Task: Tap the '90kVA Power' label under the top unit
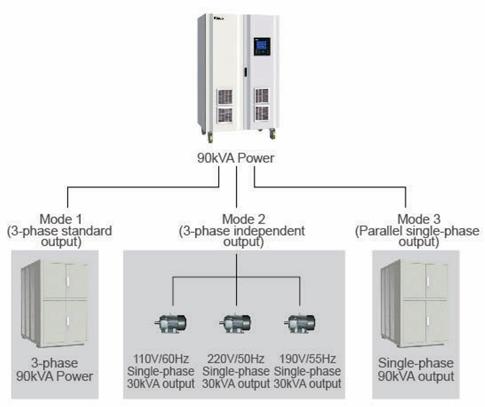pos(235,158)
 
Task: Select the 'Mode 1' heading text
pos(61,219)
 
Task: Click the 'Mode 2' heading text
pos(243,219)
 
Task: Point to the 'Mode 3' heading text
pos(419,219)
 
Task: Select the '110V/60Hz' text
pos(161,359)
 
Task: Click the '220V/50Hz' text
pos(236,359)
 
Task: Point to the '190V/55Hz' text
pos(308,359)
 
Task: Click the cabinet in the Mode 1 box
pos(55,303)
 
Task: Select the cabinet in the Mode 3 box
pos(416,303)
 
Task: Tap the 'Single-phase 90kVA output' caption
pos(416,370)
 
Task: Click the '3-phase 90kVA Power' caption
pos(55,370)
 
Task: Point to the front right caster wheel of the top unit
pos(272,134)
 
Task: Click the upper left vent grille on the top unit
pos(225,97)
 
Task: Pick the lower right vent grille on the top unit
pos(262,113)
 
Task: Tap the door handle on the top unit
pos(245,72)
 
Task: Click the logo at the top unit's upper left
pos(219,17)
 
